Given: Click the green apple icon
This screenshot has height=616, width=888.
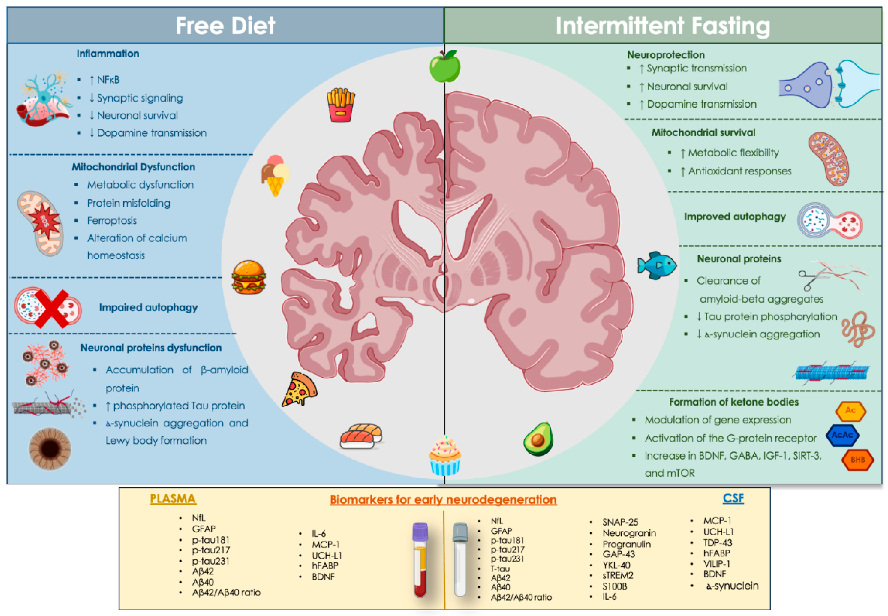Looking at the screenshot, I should pos(445,66).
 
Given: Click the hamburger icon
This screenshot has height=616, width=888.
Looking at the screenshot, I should pos(249,277).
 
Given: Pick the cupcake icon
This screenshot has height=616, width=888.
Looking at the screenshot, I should pos(445,455).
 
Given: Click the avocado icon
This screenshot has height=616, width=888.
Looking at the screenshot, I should pos(538,439).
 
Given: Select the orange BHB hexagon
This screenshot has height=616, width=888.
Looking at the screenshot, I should pos(857,459).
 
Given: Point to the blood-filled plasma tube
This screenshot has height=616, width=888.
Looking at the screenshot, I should pos(420,560).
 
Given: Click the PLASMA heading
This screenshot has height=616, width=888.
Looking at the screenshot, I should pos(173,499).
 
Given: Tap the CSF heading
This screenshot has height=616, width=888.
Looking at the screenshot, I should pos(733,498).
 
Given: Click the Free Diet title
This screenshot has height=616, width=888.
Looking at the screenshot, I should pos(225,25).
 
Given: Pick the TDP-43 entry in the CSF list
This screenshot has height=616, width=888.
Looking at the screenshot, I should pos(718,543).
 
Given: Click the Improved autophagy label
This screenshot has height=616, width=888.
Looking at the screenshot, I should pos(734,217).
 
